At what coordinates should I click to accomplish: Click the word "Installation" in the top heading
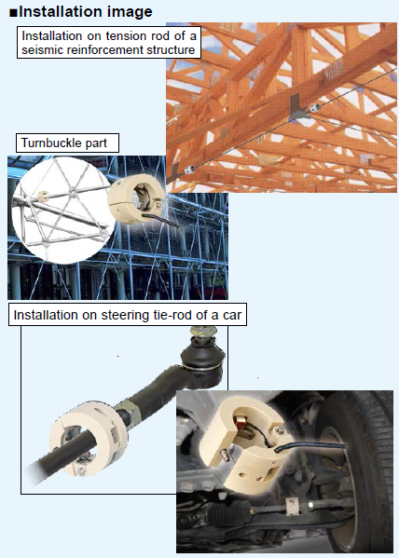pyautogui.click(x=55, y=12)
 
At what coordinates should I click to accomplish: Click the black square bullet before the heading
pyautogui.click(x=13, y=13)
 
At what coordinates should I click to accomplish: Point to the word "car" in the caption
pyautogui.click(x=232, y=315)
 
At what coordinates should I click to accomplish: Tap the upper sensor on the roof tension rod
pyautogui.click(x=314, y=107)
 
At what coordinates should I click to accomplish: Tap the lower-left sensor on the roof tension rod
pyautogui.click(x=189, y=170)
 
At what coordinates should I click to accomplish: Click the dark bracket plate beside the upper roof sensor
pyautogui.click(x=297, y=105)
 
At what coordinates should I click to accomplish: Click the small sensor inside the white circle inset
pyautogui.click(x=43, y=195)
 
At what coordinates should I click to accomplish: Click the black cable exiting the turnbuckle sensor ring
pyautogui.click(x=160, y=220)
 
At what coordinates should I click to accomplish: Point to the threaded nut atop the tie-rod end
pyautogui.click(x=202, y=332)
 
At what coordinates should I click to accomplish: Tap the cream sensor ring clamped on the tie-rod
pyautogui.click(x=89, y=437)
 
